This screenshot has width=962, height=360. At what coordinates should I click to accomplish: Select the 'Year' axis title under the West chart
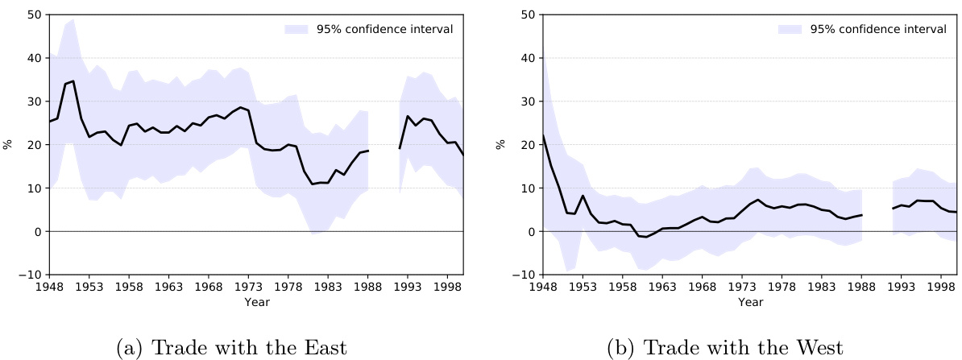[749, 302]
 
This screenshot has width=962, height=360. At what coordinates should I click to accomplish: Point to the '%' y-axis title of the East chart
[7, 145]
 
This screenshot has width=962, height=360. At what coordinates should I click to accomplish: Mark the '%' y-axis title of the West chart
[501, 145]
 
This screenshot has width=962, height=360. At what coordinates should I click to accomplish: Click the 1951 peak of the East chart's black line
[73, 81]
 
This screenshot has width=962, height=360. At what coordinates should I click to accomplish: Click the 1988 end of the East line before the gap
[368, 151]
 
